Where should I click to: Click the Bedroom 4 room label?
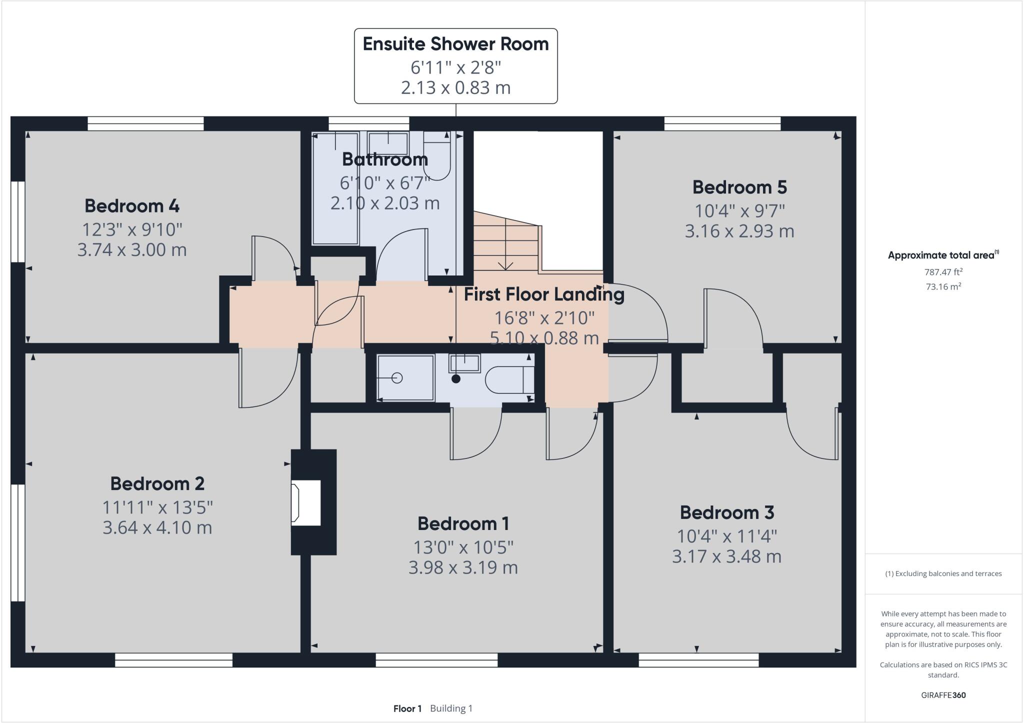click(132, 205)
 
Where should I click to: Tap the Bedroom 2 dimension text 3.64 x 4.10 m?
click(157, 527)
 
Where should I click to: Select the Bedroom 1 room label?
click(463, 523)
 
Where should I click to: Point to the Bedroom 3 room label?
click(727, 512)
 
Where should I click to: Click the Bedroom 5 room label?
click(739, 187)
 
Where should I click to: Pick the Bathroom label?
click(385, 159)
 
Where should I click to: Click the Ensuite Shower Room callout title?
click(456, 44)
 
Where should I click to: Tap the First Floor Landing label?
click(544, 294)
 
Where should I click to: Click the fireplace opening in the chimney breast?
click(306, 502)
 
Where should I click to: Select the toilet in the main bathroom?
click(437, 155)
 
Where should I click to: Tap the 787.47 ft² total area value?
click(943, 272)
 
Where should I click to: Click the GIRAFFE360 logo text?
click(943, 695)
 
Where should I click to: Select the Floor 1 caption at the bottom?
click(407, 708)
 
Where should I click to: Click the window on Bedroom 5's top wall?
click(722, 123)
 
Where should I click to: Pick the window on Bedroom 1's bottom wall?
click(436, 660)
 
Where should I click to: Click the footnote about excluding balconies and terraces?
click(943, 573)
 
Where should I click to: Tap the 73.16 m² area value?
click(943, 286)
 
